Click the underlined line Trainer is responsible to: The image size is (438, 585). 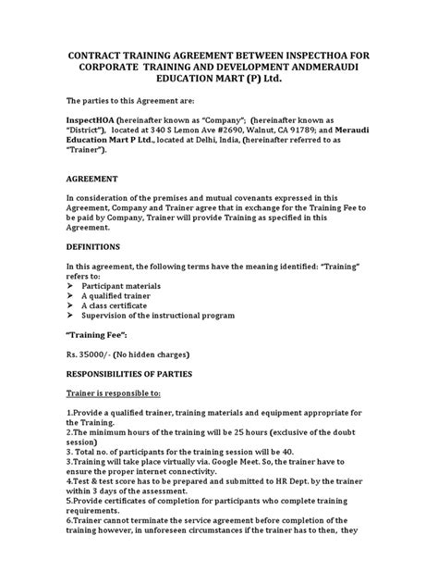(x=121, y=394)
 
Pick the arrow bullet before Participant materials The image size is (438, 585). (x=70, y=287)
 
